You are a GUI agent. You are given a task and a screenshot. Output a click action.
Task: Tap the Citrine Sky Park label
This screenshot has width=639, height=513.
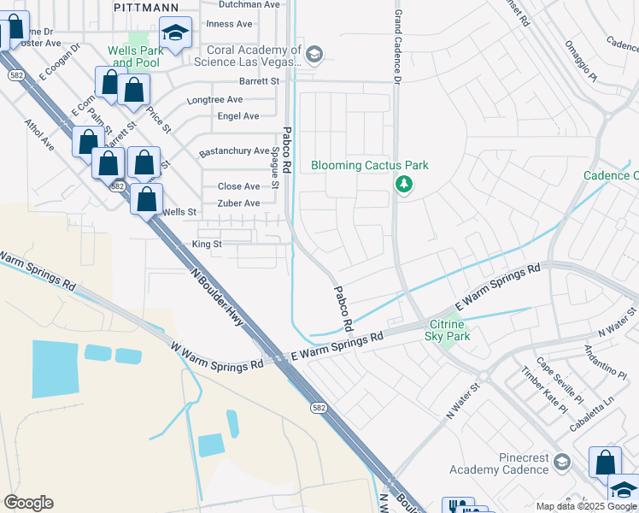point(449,331)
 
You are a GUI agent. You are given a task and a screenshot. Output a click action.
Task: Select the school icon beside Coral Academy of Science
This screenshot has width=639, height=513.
point(314,56)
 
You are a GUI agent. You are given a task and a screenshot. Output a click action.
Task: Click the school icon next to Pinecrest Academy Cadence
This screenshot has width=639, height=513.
point(561,463)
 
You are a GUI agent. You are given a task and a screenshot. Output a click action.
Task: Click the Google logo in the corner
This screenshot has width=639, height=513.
point(28,503)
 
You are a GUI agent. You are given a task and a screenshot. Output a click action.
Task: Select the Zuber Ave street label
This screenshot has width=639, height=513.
point(238,203)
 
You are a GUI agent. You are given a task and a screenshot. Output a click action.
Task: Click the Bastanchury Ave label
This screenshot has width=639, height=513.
point(233,151)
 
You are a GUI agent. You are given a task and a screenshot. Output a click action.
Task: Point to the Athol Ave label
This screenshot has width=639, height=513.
point(40,135)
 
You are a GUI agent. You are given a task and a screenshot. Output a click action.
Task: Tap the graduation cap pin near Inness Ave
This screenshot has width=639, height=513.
point(175,34)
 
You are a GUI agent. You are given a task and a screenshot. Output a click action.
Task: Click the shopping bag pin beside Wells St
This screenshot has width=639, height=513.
point(147,200)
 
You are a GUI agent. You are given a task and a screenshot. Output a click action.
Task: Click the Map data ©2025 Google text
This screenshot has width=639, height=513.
point(586,506)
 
